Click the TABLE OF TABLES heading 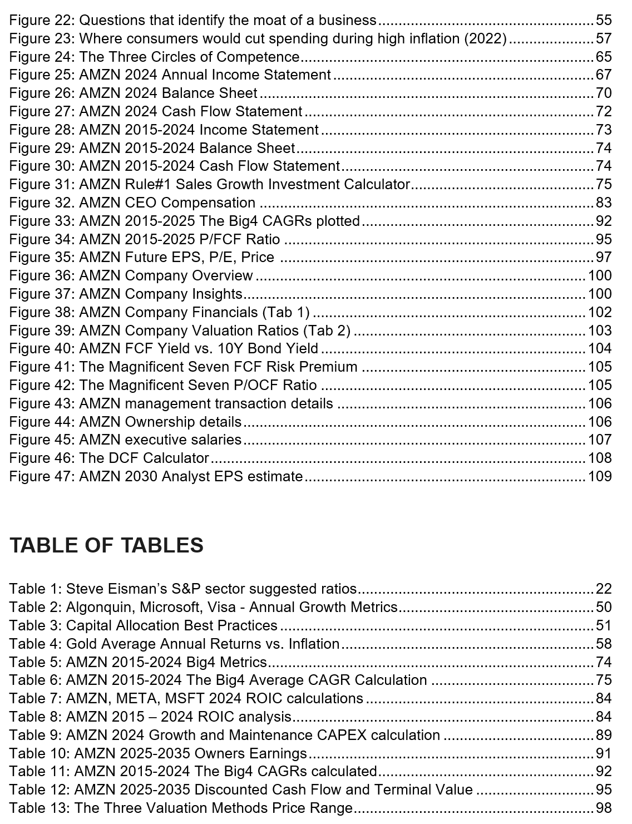[x=106, y=545]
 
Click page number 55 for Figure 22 [x=604, y=21]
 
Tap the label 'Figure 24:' [x=43, y=57]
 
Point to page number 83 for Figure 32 [x=604, y=203]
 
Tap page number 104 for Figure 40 [x=600, y=349]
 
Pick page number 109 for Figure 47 [x=600, y=477]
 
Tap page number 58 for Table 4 [x=604, y=644]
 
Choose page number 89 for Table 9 [x=604, y=736]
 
